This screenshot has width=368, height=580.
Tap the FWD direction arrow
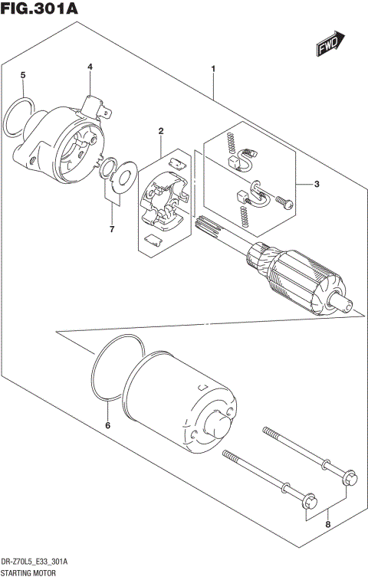tap(330, 45)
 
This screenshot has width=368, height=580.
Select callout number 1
tap(212, 70)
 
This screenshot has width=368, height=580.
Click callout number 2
tap(160, 132)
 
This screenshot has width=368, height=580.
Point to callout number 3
tap(316, 184)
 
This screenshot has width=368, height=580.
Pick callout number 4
tap(90, 67)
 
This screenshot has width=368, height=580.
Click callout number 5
tap(23, 75)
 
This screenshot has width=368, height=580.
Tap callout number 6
tap(107, 425)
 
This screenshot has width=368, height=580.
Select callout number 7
tap(111, 229)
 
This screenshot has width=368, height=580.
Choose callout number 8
tap(327, 525)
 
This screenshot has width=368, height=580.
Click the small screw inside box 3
tap(283, 203)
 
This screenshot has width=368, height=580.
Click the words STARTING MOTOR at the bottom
tap(32, 572)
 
